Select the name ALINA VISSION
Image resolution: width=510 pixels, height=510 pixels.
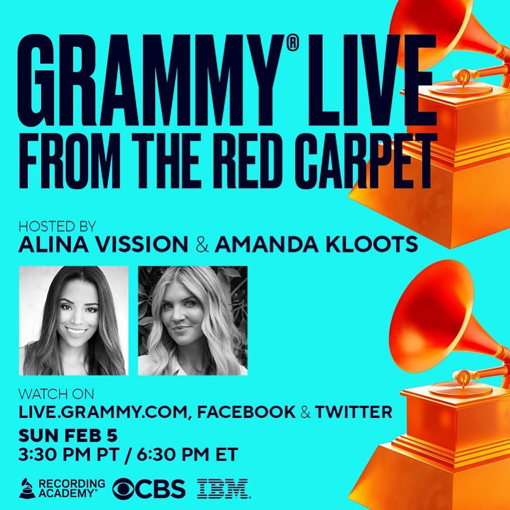pyautogui.click(x=103, y=245)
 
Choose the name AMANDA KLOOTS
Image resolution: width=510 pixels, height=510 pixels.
pyautogui.click(x=316, y=245)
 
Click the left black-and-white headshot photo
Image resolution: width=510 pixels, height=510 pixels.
pyautogui.click(x=74, y=321)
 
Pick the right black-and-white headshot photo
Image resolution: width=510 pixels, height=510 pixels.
pyautogui.click(x=193, y=321)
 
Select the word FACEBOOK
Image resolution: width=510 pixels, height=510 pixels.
pyautogui.click(x=246, y=412)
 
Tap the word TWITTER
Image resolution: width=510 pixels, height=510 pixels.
pyautogui.click(x=354, y=412)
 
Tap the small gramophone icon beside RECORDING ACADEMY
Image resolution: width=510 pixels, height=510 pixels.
pyautogui.click(x=27, y=488)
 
